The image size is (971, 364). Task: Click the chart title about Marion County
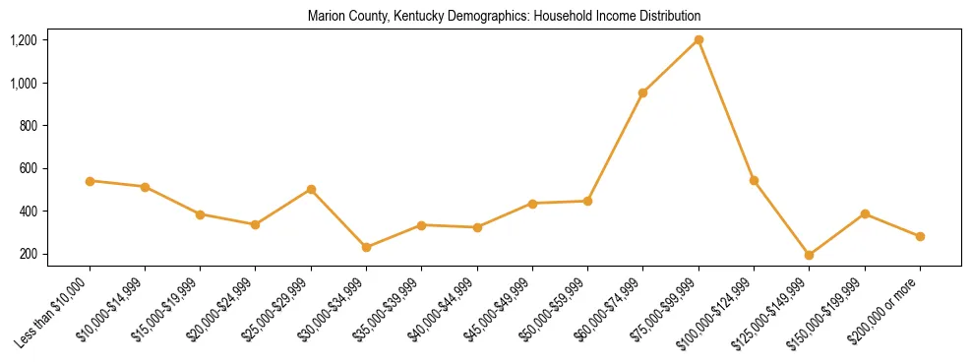[x=504, y=17]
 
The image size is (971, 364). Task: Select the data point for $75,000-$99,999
[x=698, y=39]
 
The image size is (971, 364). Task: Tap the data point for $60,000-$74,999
[x=643, y=92]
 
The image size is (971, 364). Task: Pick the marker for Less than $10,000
[x=90, y=181]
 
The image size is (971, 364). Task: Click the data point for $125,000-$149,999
[x=810, y=255]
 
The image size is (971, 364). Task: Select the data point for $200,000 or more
[x=920, y=236]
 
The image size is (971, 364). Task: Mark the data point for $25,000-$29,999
[x=311, y=189]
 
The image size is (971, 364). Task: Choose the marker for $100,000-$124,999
[x=754, y=180]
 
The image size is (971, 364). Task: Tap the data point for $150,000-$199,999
[x=865, y=213]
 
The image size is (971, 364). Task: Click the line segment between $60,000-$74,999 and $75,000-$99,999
[x=671, y=66]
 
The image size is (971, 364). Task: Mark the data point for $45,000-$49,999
[x=532, y=204]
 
